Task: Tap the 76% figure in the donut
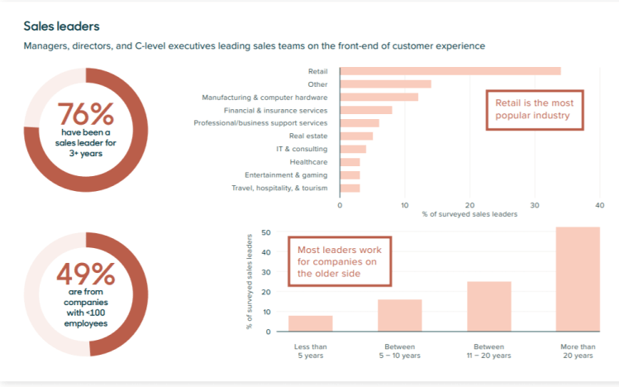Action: pyautogui.click(x=86, y=113)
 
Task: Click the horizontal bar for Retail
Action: pyautogui.click(x=450, y=71)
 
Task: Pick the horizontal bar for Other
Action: pyautogui.click(x=385, y=84)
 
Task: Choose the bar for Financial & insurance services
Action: pyautogui.click(x=366, y=110)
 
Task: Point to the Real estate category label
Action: pyautogui.click(x=307, y=136)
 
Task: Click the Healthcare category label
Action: pyautogui.click(x=309, y=162)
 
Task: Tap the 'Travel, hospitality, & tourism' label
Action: pyautogui.click(x=279, y=189)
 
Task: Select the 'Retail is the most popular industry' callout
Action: pyautogui.click(x=533, y=109)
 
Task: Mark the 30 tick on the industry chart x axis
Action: pyautogui.click(x=535, y=205)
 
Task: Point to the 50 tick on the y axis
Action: pyautogui.click(x=266, y=232)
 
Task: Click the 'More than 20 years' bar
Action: pyautogui.click(x=578, y=279)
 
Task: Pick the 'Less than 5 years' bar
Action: pyautogui.click(x=311, y=323)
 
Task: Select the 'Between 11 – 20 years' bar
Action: pyautogui.click(x=488, y=307)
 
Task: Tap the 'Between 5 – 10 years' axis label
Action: pyautogui.click(x=399, y=351)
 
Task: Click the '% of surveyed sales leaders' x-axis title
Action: pyautogui.click(x=469, y=215)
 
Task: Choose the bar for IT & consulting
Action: pyautogui.click(x=353, y=149)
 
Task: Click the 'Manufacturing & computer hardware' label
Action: pyautogui.click(x=264, y=97)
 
